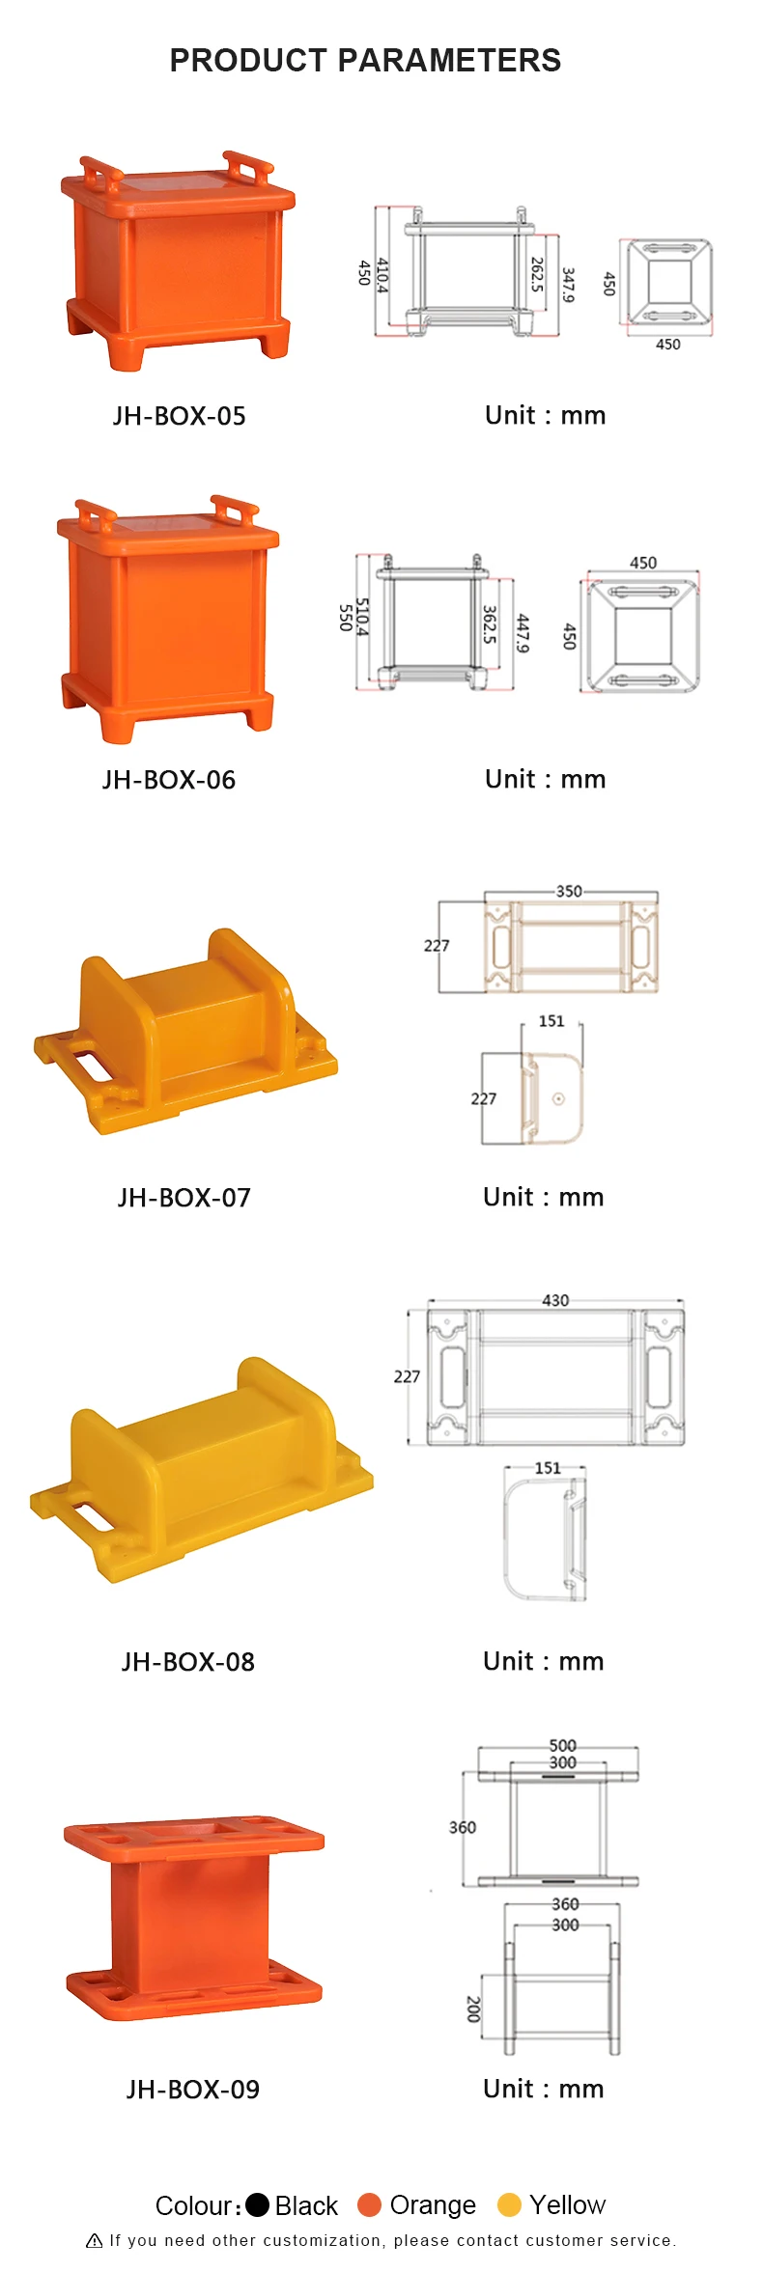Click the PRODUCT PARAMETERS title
365,61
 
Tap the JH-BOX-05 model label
179,417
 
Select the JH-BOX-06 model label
169,780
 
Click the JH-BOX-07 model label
184,1198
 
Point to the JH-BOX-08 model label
187,1662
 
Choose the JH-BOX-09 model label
192,2090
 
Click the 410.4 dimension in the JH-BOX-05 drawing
382,275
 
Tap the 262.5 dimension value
537,275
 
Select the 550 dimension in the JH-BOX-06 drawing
345,618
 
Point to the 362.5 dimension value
489,624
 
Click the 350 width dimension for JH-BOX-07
569,891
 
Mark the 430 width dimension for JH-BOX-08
555,1300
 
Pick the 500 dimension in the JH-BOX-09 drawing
562,1745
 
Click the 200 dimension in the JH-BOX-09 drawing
473,2009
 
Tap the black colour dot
257,2204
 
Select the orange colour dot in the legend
369,2204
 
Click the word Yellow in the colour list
567,2204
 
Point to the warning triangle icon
95,2241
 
